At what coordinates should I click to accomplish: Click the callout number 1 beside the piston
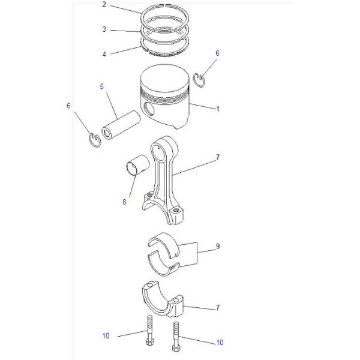pyautogui.click(x=218, y=109)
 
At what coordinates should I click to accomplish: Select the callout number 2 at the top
pyautogui.click(x=104, y=5)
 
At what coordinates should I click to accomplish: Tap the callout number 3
pyautogui.click(x=104, y=29)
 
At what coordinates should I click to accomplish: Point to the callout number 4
pyautogui.click(x=104, y=54)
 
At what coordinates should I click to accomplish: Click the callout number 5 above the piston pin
pyautogui.click(x=102, y=87)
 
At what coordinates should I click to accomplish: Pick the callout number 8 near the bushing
pyautogui.click(x=124, y=202)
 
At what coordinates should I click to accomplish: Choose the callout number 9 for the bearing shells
pyautogui.click(x=218, y=247)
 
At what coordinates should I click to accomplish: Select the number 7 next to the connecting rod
pyautogui.click(x=218, y=157)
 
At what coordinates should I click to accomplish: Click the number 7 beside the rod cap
pyautogui.click(x=218, y=308)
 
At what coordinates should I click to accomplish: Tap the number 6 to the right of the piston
pyautogui.click(x=217, y=53)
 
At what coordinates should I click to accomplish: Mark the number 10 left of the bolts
pyautogui.click(x=106, y=335)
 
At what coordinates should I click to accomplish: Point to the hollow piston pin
pyautogui.click(x=120, y=123)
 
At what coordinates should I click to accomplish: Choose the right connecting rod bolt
pyautogui.click(x=176, y=336)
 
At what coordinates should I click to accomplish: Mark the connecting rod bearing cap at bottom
pyautogui.click(x=165, y=300)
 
